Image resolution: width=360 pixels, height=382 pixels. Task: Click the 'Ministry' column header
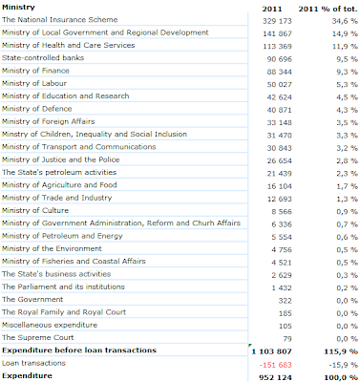[x=18, y=8]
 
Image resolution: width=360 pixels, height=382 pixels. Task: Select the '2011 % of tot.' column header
[x=328, y=9]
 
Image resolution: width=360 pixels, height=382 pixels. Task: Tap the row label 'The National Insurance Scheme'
[x=60, y=20]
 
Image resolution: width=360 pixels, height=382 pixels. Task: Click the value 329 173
[x=277, y=21]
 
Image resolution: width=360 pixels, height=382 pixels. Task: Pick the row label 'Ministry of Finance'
[x=35, y=71]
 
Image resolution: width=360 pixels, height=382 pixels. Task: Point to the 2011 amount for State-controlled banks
[x=279, y=59]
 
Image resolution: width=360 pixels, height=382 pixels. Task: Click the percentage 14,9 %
[x=345, y=33]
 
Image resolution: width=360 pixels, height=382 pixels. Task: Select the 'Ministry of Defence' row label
[x=37, y=109]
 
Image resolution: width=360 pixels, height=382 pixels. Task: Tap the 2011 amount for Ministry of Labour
[x=279, y=85]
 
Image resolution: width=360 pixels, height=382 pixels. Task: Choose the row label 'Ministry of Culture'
[x=35, y=210]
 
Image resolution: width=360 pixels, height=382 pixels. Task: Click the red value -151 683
[x=275, y=365]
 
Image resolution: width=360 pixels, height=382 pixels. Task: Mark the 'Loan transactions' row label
[x=33, y=363]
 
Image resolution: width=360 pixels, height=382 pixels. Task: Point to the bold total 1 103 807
[x=271, y=351]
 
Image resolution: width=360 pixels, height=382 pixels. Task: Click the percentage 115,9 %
[x=341, y=351]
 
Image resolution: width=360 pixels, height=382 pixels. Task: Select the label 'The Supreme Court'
[x=38, y=337]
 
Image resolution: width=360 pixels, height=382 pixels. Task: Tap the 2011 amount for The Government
[x=285, y=301]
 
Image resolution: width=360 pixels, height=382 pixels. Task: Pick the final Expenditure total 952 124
[x=275, y=377]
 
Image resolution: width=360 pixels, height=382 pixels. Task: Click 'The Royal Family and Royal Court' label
[x=64, y=312]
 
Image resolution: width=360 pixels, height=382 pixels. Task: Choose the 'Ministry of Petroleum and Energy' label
[x=62, y=236]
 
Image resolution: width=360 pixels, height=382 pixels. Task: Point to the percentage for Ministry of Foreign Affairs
[x=347, y=123]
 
